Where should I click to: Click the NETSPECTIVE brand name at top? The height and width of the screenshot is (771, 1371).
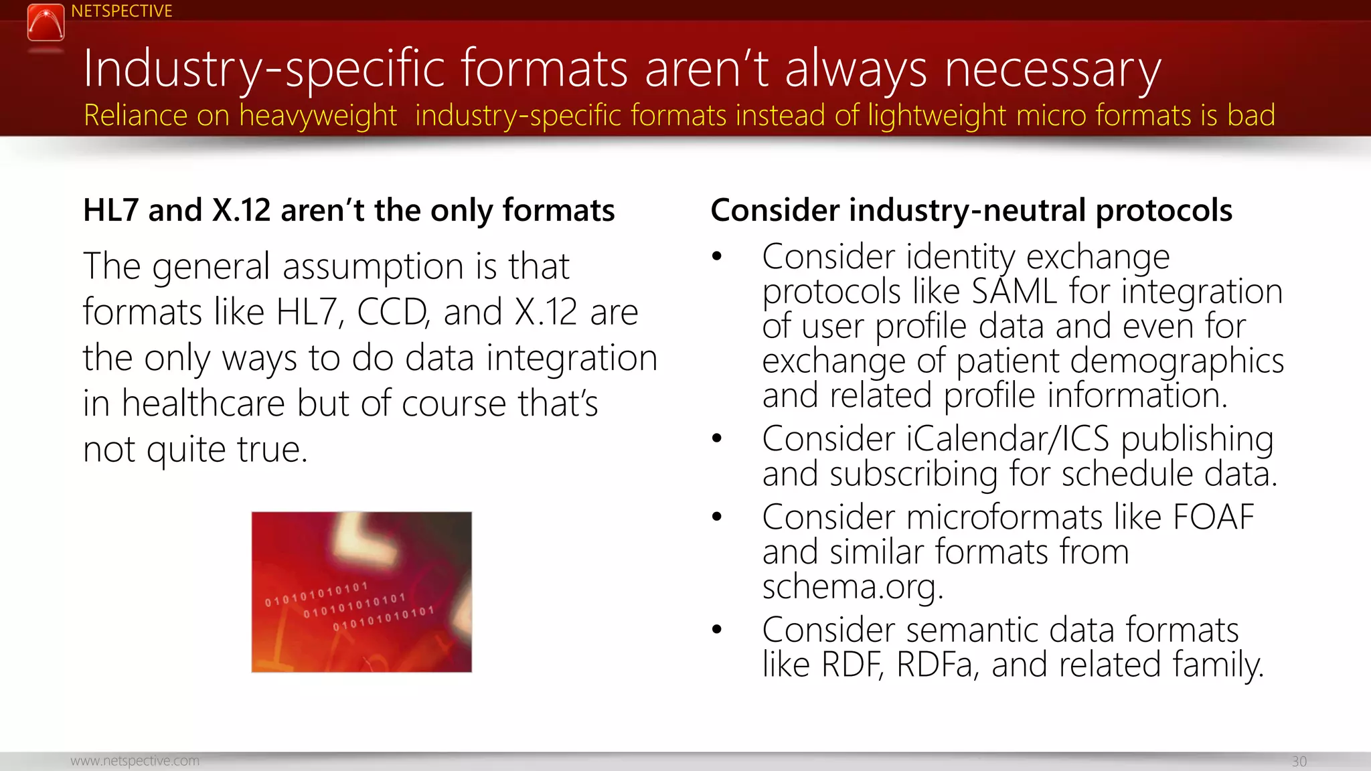pyautogui.click(x=121, y=11)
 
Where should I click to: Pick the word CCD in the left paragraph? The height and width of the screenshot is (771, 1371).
pyautogui.click(x=392, y=312)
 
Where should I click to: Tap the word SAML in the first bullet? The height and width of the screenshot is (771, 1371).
pyautogui.click(x=1014, y=292)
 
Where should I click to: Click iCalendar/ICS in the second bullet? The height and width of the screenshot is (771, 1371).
pyautogui.click(x=1007, y=439)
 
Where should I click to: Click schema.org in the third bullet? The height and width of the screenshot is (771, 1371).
pyautogui.click(x=852, y=587)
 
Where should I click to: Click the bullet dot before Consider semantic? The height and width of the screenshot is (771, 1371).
pyautogui.click(x=717, y=629)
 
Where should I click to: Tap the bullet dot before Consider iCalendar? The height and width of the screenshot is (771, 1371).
pyautogui.click(x=717, y=438)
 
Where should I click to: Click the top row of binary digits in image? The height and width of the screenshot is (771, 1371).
pyautogui.click(x=316, y=594)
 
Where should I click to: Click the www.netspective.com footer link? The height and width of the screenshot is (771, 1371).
pyautogui.click(x=135, y=761)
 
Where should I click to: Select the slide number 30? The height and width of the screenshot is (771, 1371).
pyautogui.click(x=1299, y=762)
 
